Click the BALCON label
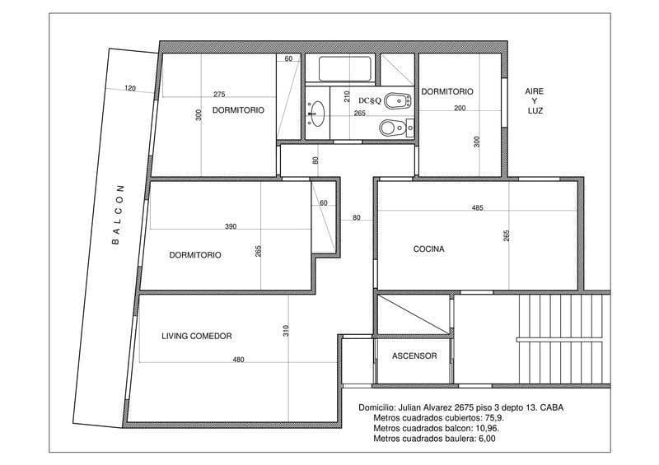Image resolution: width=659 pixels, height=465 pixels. [x=117, y=214]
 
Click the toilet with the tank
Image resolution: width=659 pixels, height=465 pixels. [x=394, y=128]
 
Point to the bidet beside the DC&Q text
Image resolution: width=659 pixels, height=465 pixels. [x=399, y=101]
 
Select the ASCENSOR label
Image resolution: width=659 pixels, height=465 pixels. [x=414, y=356]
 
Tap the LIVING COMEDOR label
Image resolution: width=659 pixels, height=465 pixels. [x=196, y=336]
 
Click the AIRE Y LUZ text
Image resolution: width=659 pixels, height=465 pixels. [x=535, y=100]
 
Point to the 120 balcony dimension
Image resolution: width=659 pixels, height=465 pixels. [x=129, y=88]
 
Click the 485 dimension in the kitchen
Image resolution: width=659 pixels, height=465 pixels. [x=477, y=207]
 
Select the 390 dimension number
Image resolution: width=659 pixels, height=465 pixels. [x=231, y=226]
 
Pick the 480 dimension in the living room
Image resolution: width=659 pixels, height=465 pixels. [x=239, y=360]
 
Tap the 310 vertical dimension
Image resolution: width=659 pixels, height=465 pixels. [x=286, y=331]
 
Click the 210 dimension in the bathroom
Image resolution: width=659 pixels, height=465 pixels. [x=348, y=96]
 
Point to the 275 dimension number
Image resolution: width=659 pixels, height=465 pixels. [x=218, y=94]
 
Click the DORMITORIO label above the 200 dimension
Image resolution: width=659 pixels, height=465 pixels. [x=447, y=91]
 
